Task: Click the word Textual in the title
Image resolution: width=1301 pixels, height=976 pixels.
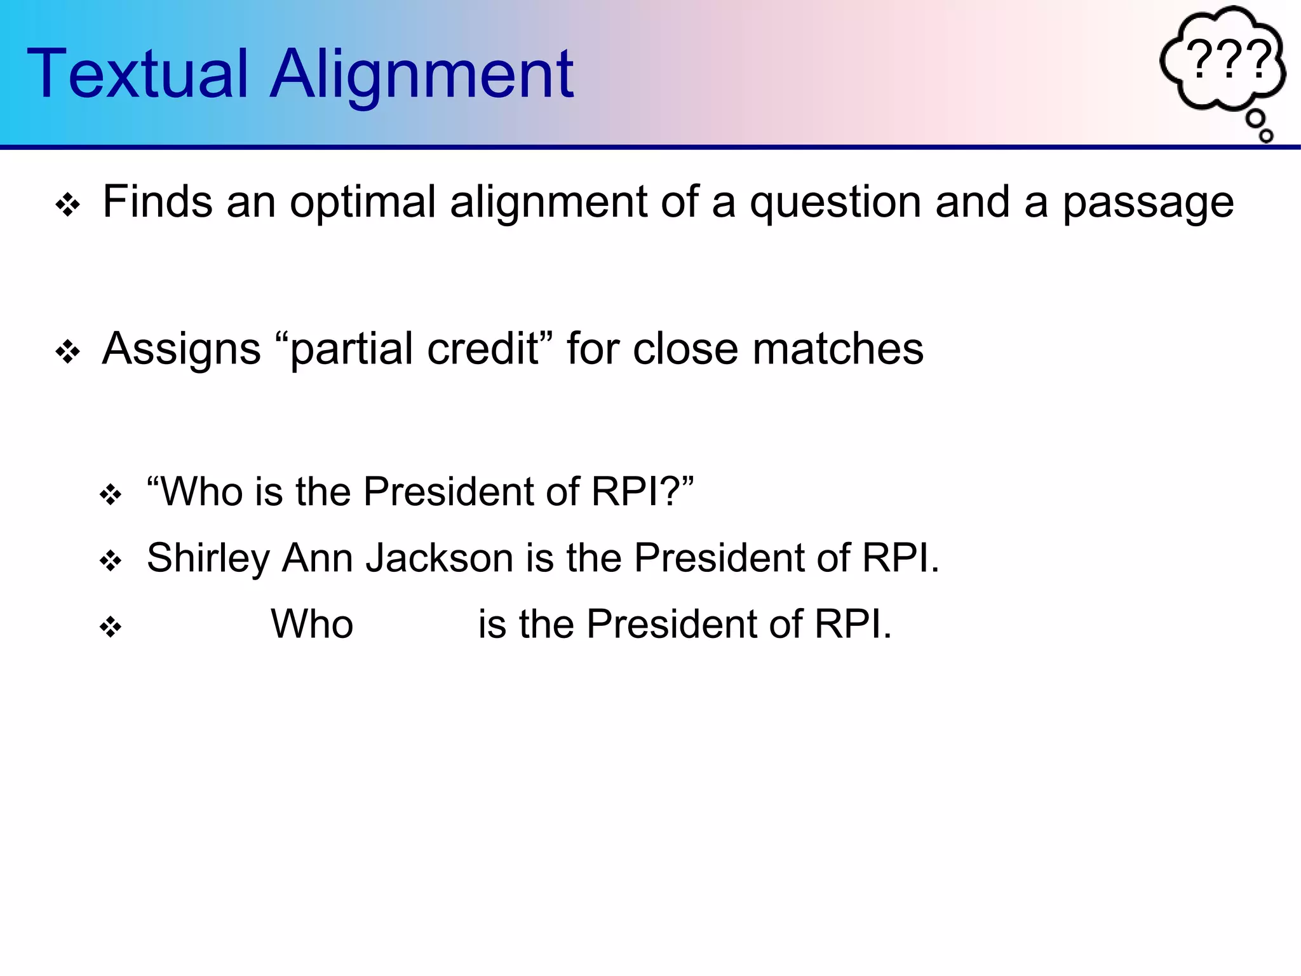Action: pyautogui.click(x=137, y=75)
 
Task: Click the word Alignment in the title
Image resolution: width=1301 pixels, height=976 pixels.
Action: pyautogui.click(x=422, y=75)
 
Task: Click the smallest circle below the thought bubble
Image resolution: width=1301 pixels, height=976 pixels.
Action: pyautogui.click(x=1266, y=135)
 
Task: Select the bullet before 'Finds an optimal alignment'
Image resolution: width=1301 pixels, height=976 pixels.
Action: pyautogui.click(x=67, y=205)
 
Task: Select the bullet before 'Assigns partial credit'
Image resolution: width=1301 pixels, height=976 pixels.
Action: pyautogui.click(x=67, y=351)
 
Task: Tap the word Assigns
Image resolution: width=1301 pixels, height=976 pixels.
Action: pyautogui.click(x=181, y=349)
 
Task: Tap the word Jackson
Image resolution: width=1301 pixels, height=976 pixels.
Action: pyautogui.click(x=439, y=558)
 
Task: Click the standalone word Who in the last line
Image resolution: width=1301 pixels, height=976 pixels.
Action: pyautogui.click(x=312, y=624)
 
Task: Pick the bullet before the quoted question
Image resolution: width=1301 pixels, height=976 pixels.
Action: pyautogui.click(x=111, y=495)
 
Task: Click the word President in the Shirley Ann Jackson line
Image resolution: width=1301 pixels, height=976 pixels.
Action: pyautogui.click(x=718, y=558)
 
